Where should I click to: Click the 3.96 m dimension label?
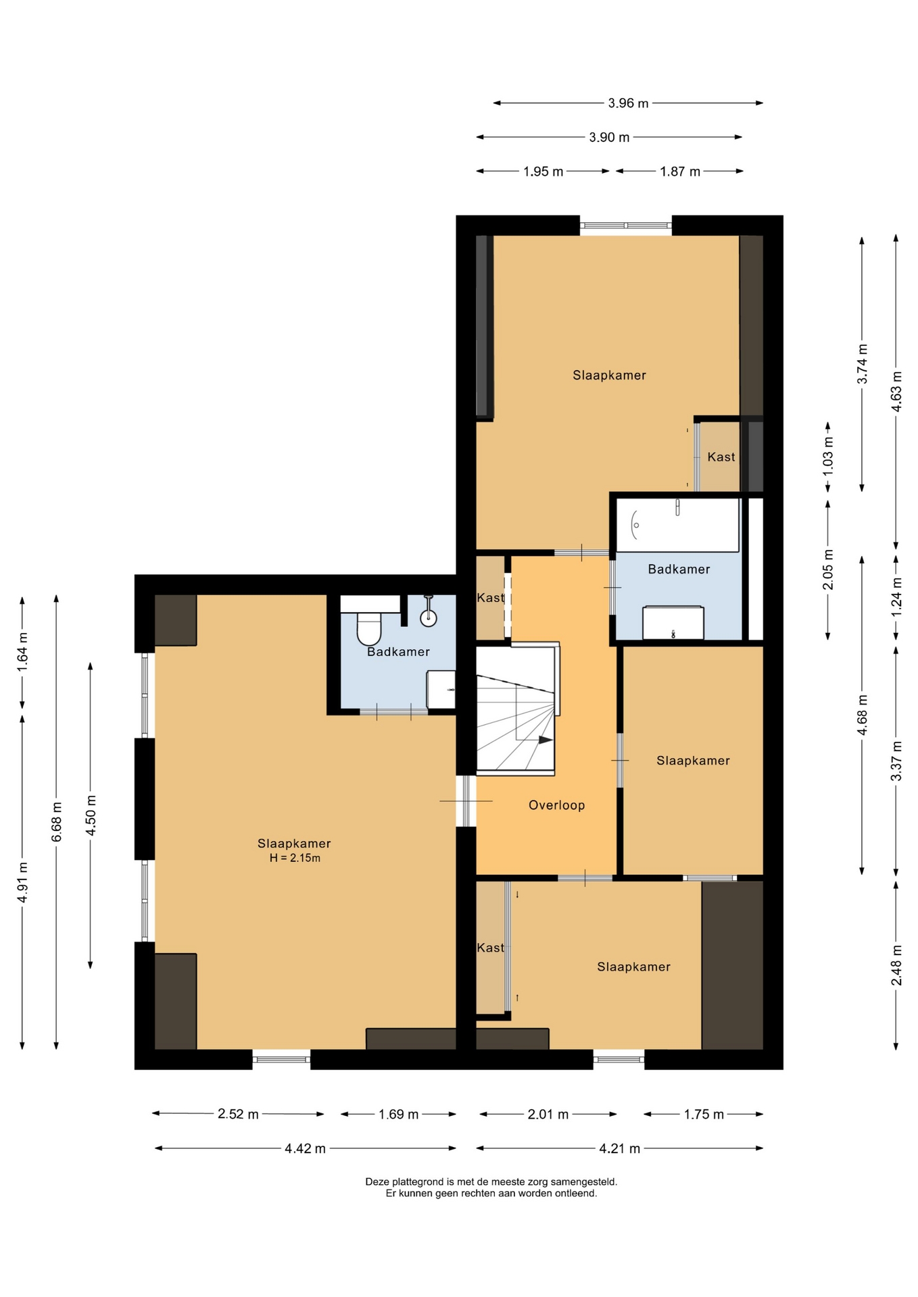click(628, 103)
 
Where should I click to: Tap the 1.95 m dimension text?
click(543, 172)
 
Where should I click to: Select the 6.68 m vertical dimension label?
click(57, 821)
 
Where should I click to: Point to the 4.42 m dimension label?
click(305, 1148)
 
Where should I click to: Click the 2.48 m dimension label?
click(896, 965)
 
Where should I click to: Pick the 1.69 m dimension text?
click(398, 1115)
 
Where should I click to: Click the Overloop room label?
click(556, 805)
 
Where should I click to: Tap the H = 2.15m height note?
click(295, 859)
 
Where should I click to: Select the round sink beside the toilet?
click(429, 617)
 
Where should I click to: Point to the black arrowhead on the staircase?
click(546, 740)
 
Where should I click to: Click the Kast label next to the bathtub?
click(721, 457)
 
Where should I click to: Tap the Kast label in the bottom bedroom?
click(490, 948)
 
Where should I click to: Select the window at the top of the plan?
click(625, 226)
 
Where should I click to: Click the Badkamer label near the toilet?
click(398, 652)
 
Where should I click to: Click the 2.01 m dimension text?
click(548, 1115)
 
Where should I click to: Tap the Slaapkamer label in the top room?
click(609, 376)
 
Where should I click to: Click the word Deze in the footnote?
click(377, 1182)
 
